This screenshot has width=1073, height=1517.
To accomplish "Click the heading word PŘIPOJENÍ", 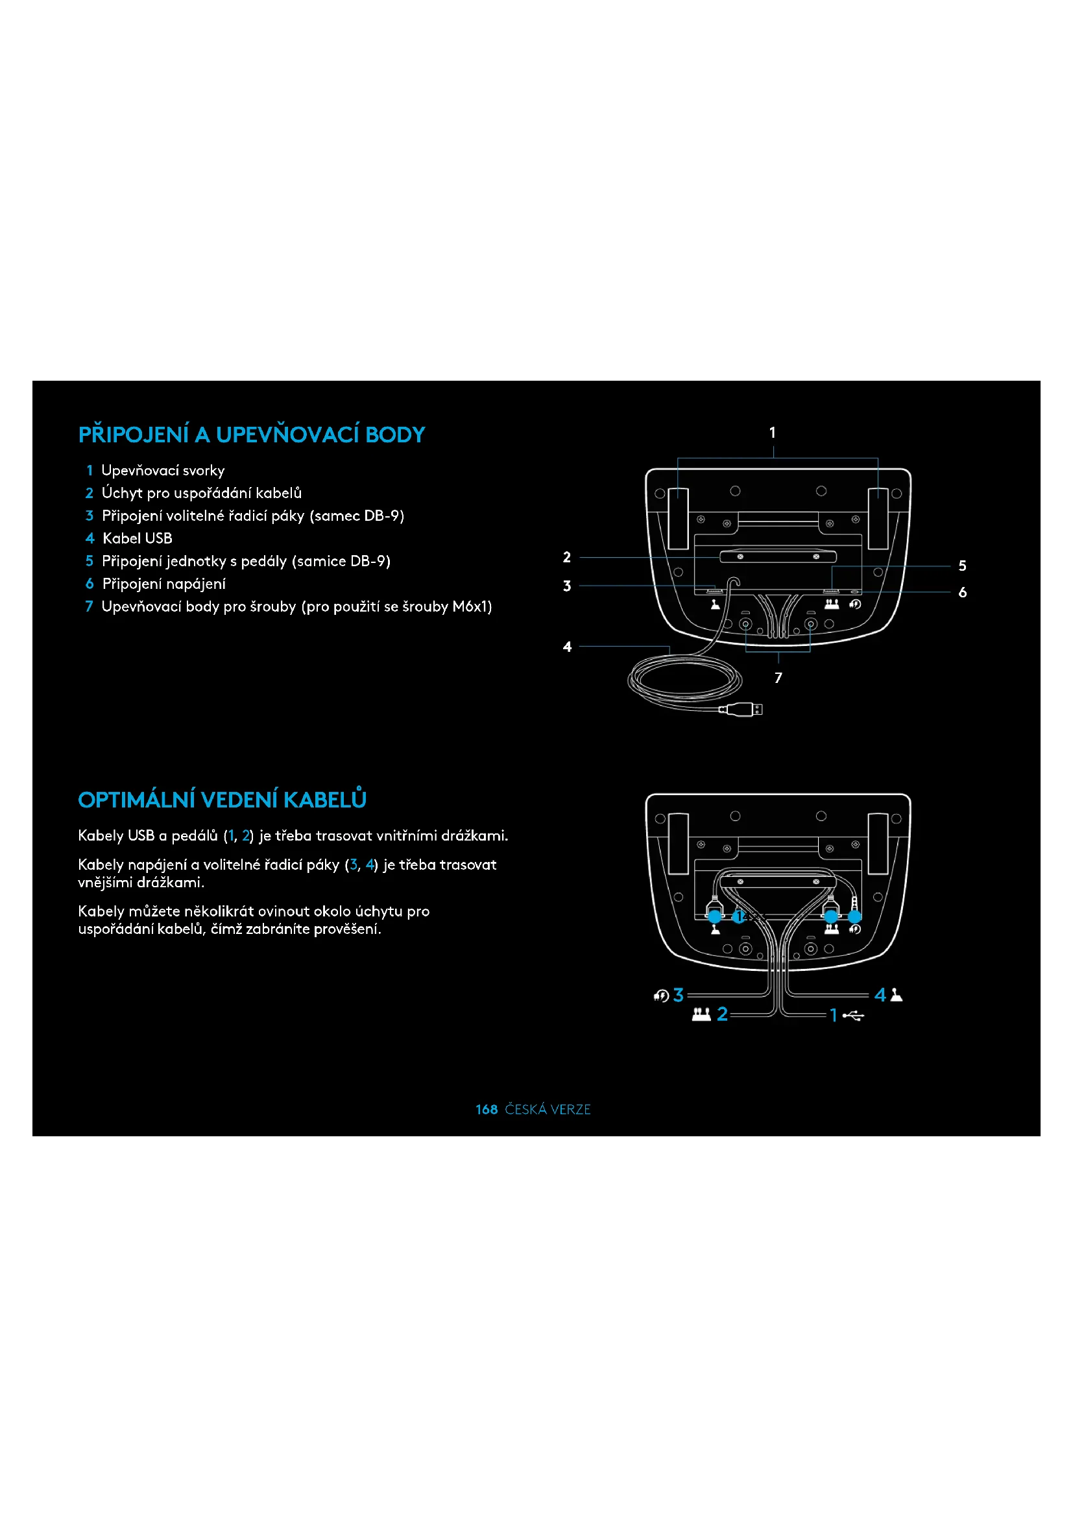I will click(134, 435).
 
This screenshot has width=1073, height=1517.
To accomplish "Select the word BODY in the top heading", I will click(395, 435).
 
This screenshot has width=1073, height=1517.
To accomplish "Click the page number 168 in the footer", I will click(487, 1109).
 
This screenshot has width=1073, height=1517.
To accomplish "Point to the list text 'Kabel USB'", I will click(138, 538).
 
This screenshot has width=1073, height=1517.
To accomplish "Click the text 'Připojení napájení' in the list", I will click(164, 584).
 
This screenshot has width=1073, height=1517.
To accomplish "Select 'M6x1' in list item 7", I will click(472, 606).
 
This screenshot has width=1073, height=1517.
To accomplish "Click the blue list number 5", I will click(89, 561).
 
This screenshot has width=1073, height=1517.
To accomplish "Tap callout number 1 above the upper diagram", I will click(773, 433).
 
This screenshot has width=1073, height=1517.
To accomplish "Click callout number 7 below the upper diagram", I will click(778, 678).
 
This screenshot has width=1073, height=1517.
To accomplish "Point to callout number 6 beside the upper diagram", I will click(963, 593).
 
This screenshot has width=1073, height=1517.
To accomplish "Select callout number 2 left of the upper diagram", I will click(567, 558).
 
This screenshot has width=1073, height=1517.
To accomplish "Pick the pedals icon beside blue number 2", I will click(701, 1014).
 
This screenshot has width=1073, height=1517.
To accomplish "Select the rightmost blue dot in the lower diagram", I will click(855, 917).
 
